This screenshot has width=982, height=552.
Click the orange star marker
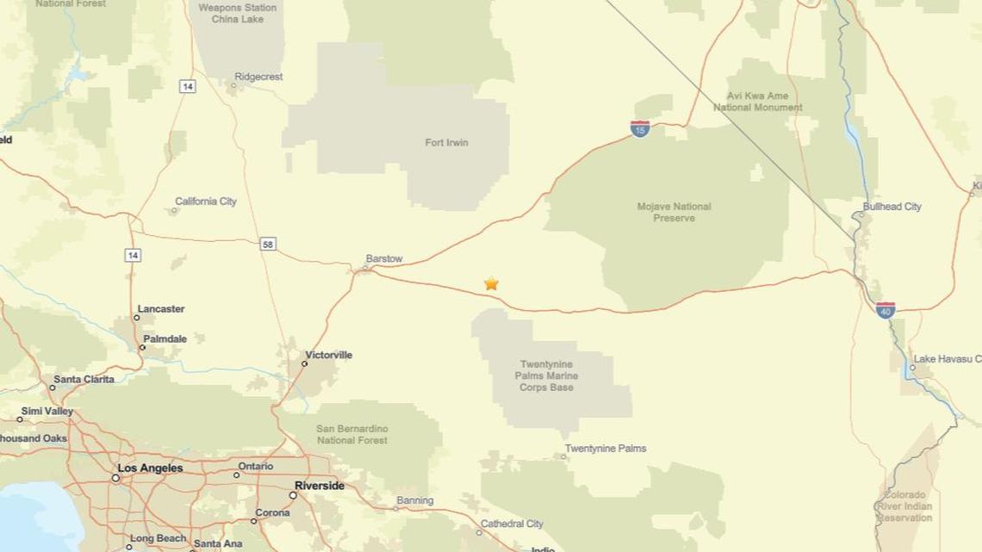(x=491, y=283)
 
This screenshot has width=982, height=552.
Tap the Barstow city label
(x=384, y=258)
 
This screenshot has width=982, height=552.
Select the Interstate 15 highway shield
(x=639, y=129)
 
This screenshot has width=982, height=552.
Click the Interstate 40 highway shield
(x=885, y=310)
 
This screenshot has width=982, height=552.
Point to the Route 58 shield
(x=268, y=245)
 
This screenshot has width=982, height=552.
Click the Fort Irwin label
(x=446, y=142)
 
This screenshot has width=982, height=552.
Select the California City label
(x=206, y=202)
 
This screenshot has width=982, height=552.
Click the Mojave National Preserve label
(x=674, y=212)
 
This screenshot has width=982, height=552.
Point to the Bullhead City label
(x=892, y=207)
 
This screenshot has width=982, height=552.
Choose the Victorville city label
(x=328, y=355)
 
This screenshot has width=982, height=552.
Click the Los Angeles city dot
(x=115, y=477)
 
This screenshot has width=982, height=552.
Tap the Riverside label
(x=319, y=486)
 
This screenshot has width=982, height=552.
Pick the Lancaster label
(x=161, y=309)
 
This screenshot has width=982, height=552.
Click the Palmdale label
(x=165, y=339)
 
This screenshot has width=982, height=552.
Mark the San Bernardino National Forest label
(x=351, y=434)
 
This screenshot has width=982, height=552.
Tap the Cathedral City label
(x=512, y=524)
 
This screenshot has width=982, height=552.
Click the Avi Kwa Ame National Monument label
(x=757, y=102)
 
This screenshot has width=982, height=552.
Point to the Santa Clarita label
(x=84, y=379)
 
